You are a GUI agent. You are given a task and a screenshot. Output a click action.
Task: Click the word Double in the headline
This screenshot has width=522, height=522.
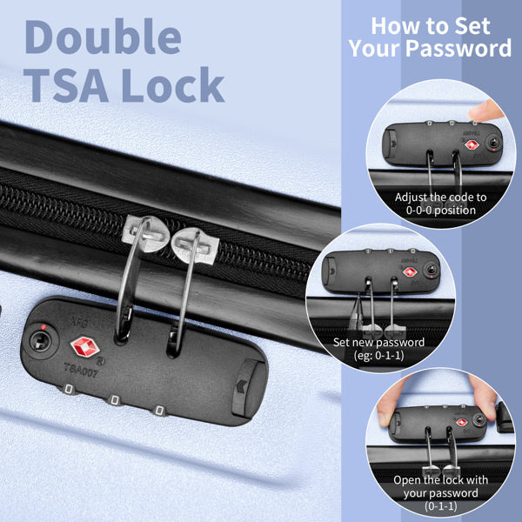[x=103, y=37]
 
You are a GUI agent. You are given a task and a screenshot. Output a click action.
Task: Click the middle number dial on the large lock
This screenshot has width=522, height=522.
[x=112, y=400]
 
